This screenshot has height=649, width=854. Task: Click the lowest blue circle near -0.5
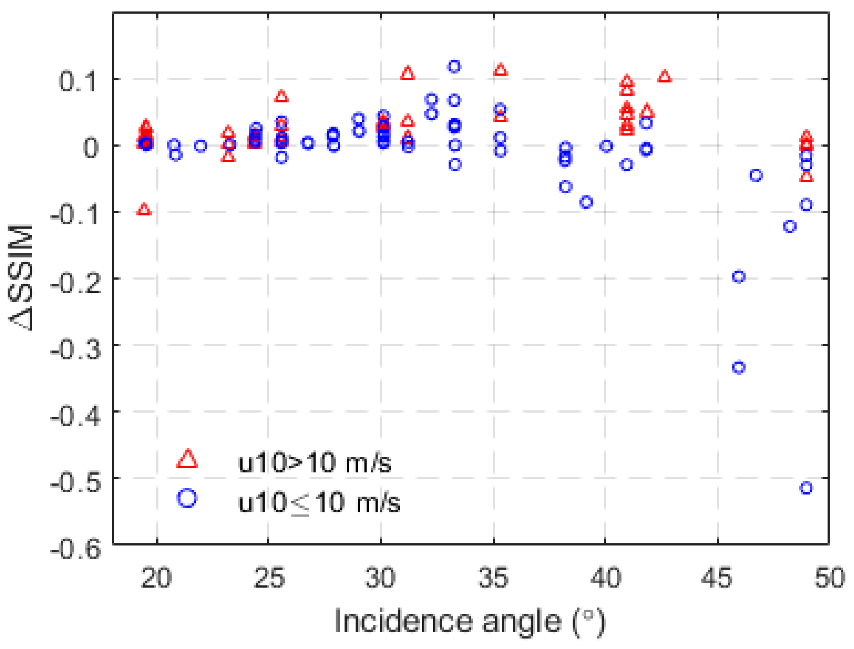(806, 488)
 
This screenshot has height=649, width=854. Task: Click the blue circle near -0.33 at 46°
(739, 367)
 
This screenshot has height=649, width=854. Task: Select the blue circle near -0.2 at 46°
(739, 276)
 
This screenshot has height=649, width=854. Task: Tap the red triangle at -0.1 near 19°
(144, 210)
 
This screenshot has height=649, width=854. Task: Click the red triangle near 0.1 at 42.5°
(665, 77)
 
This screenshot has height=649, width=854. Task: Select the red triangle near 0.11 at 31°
(408, 73)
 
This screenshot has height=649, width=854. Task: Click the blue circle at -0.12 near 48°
(789, 226)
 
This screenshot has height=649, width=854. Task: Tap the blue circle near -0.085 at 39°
(586, 202)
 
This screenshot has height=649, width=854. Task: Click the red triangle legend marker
(188, 459)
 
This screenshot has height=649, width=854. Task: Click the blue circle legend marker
(188, 498)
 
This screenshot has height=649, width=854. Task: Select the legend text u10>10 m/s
(315, 463)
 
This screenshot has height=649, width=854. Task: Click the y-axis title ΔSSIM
(21, 278)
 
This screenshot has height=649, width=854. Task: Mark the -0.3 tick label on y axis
(76, 349)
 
